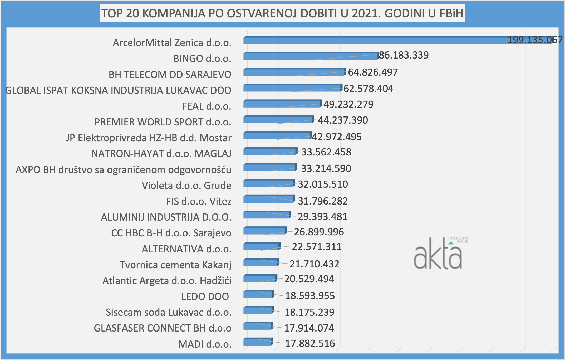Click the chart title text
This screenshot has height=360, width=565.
tap(282, 13)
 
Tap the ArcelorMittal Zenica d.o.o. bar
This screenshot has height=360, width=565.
tap(398, 41)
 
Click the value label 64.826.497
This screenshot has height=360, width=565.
tap(373, 72)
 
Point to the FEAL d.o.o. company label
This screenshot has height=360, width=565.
tap(207, 106)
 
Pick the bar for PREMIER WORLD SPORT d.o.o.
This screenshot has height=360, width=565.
tap(278, 120)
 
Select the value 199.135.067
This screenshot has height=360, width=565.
tap(535, 40)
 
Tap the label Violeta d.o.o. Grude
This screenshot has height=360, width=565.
tap(186, 186)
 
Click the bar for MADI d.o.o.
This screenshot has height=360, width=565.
tap(258, 342)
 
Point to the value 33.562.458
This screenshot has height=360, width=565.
tap(326, 152)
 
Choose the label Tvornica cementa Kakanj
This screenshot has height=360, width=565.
tap(175, 265)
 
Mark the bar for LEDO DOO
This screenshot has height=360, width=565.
tap(258, 294)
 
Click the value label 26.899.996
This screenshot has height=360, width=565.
tap(319, 232)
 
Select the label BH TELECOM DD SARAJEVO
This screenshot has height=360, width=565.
tap(170, 75)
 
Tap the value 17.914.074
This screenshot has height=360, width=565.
tap(309, 328)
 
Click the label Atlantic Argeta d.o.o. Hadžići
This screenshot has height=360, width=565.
tap(167, 281)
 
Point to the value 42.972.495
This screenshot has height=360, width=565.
tap(337, 137)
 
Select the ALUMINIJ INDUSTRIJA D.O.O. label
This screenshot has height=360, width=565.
tap(166, 217)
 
